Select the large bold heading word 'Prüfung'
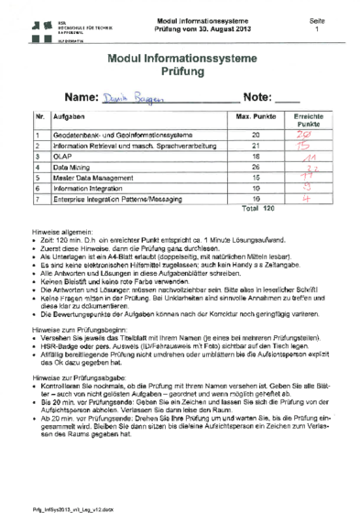(180, 71)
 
